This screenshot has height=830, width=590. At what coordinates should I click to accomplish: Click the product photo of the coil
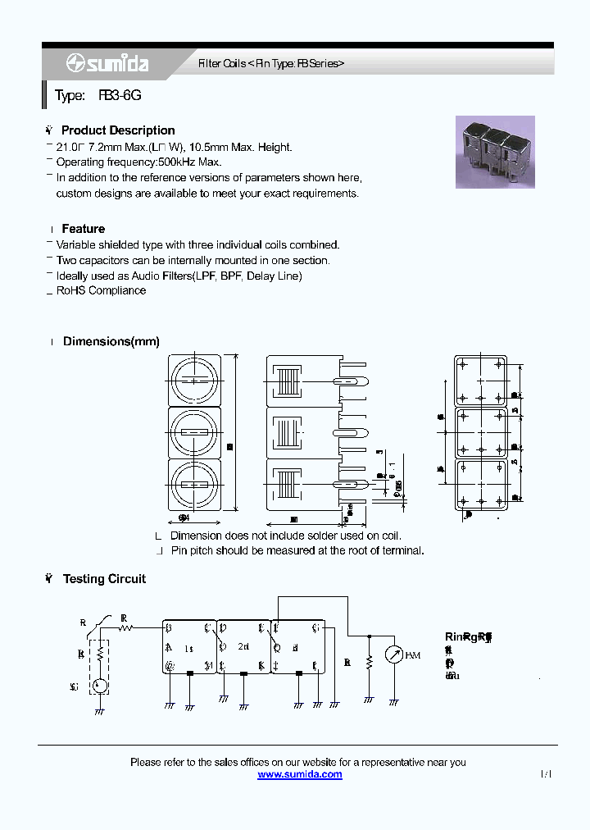[x=495, y=152]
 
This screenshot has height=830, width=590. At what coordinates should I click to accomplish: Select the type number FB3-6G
[x=120, y=96]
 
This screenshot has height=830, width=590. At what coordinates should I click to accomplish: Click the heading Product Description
[x=118, y=130]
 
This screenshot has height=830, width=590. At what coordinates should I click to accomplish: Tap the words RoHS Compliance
[x=101, y=290]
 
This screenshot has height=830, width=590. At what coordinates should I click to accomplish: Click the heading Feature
[x=83, y=229]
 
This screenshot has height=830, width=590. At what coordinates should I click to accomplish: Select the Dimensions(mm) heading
[x=111, y=341]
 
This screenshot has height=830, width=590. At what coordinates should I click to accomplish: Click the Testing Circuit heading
[x=104, y=579]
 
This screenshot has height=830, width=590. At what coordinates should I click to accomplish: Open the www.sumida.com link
[x=300, y=774]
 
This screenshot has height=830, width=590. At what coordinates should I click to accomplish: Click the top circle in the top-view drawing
[x=195, y=381]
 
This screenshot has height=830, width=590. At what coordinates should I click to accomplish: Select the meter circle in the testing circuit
[x=394, y=655]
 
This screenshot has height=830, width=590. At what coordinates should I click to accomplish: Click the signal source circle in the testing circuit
[x=99, y=686]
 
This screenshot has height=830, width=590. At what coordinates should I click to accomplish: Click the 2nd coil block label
[x=243, y=647]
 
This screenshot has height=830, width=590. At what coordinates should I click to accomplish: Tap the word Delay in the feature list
[x=261, y=276]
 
